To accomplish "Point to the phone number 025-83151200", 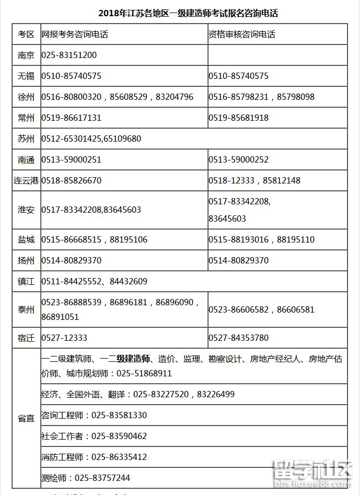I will pyautogui.click(x=68, y=55).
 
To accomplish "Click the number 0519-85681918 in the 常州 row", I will pyautogui.click(x=238, y=118).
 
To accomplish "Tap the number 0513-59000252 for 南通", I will pyautogui.click(x=238, y=160).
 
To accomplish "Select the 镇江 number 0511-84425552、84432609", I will pyautogui.click(x=94, y=281).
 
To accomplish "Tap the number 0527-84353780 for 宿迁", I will pyautogui.click(x=238, y=338).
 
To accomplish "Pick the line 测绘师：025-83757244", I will pyautogui.click(x=86, y=478).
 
